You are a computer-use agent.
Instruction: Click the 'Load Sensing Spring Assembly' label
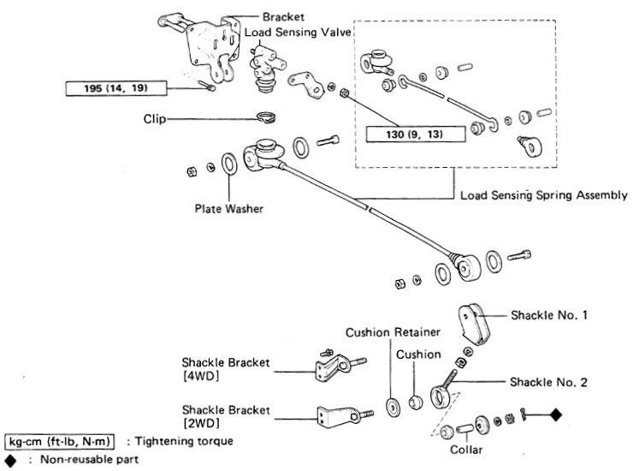pos(543,195)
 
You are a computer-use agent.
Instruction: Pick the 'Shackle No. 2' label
pos(548,382)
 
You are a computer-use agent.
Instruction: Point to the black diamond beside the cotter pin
pos(554,415)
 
